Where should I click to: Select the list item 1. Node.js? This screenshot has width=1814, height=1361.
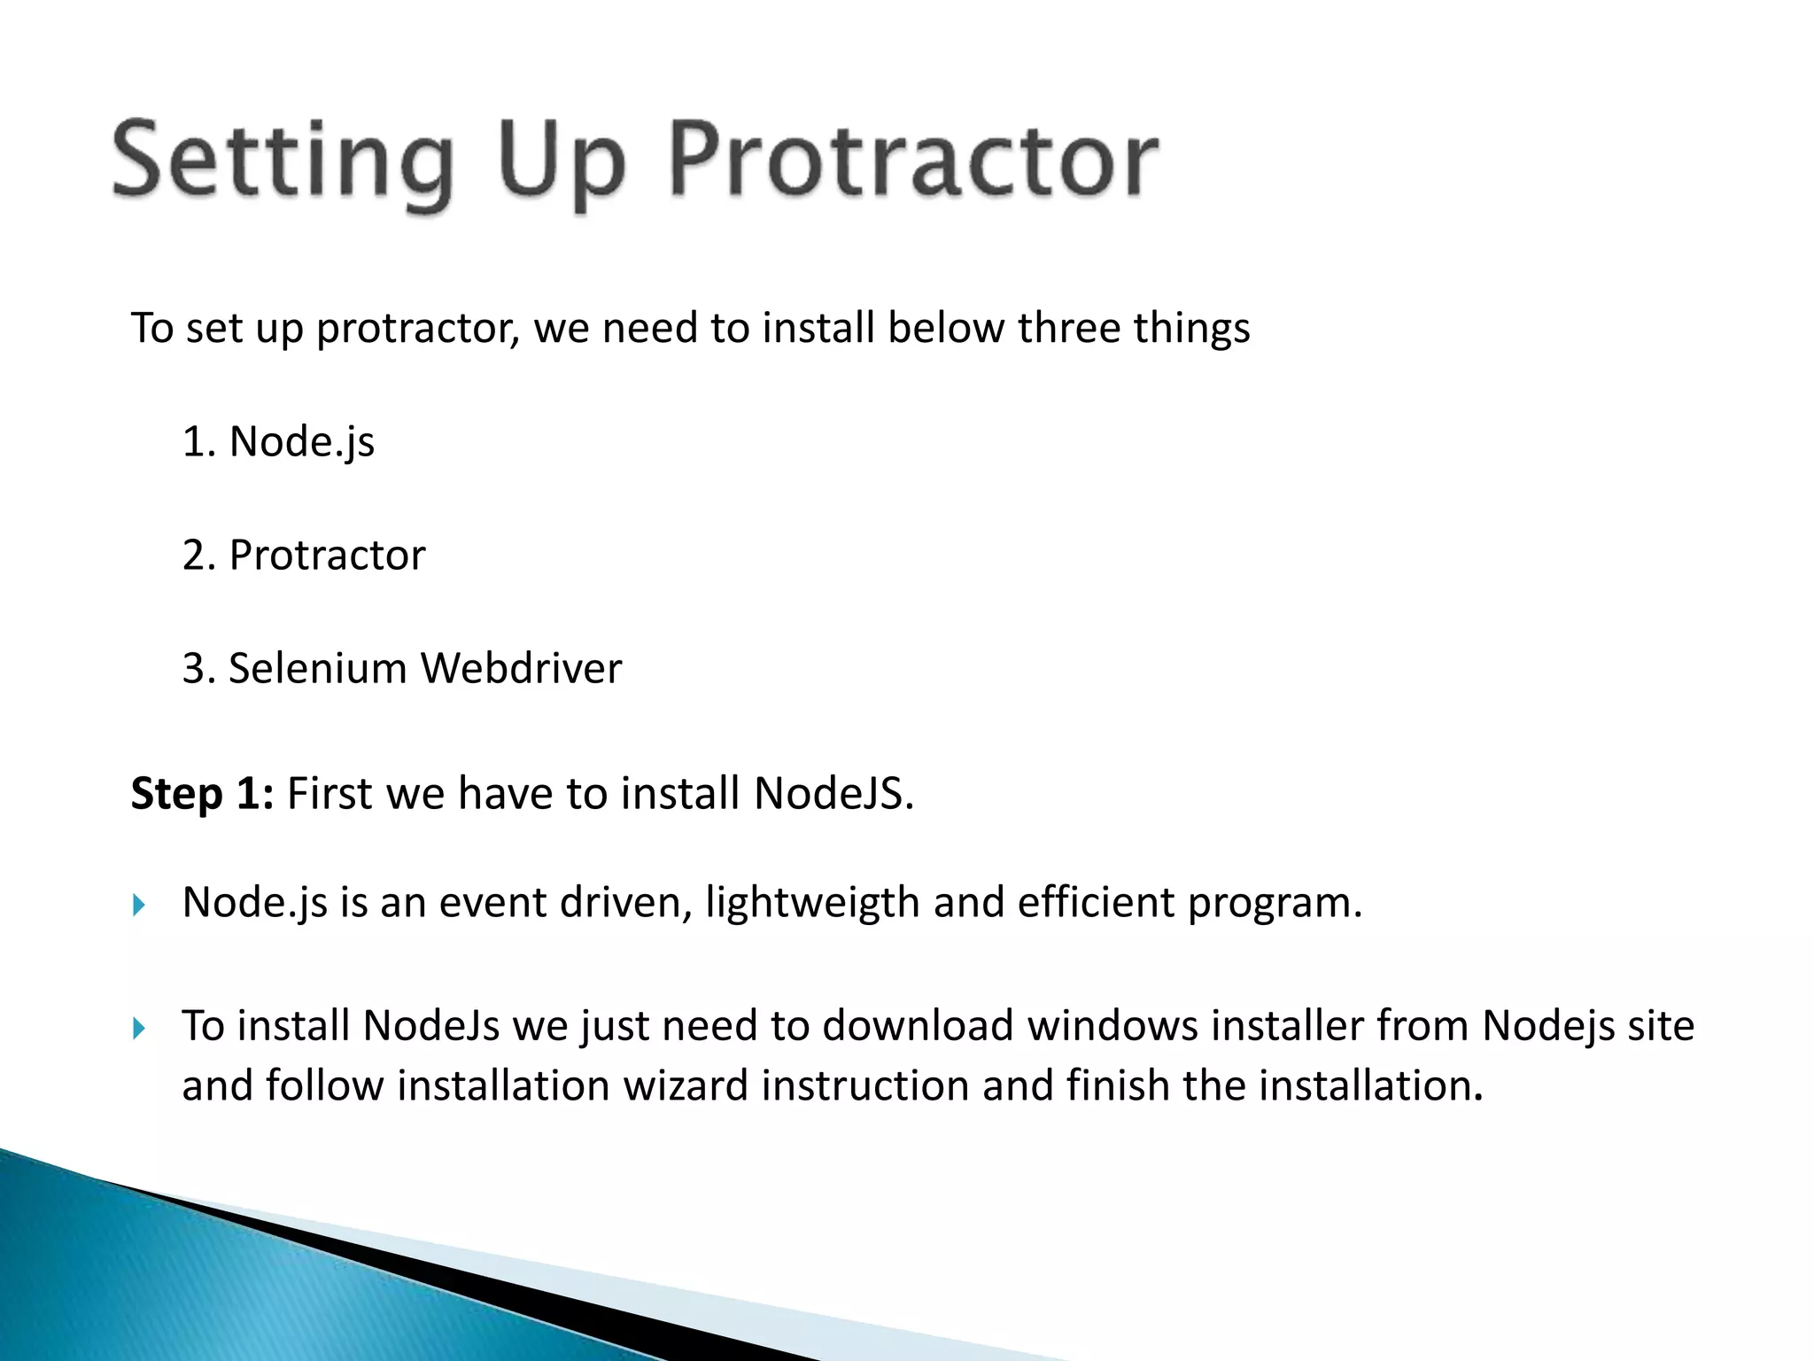(x=278, y=441)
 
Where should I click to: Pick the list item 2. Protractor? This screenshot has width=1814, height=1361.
(x=303, y=556)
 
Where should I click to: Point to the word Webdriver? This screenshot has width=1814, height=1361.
(x=521, y=668)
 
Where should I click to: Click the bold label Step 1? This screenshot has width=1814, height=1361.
(x=202, y=793)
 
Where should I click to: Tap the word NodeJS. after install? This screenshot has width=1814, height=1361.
(x=833, y=793)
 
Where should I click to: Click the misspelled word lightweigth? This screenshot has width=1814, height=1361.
(x=812, y=903)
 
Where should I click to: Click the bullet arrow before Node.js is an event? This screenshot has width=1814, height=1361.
(x=138, y=905)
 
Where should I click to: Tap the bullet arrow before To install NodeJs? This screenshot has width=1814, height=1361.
(x=138, y=1028)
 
